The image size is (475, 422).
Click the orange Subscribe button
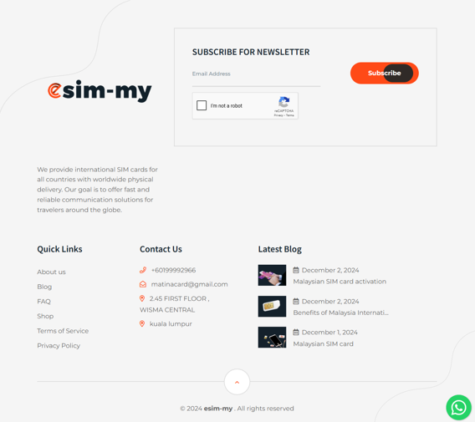point(384,73)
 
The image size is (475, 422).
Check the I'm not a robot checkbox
point(202,105)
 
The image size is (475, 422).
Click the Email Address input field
point(256,74)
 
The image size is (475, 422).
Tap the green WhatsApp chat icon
point(458,408)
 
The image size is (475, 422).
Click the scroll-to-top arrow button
point(237,382)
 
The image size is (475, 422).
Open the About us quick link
point(51,272)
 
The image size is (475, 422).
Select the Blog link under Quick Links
point(44,287)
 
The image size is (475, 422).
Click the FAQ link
point(43,302)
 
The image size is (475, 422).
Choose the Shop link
point(45,316)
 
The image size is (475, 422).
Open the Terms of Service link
point(63,331)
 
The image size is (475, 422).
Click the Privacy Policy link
point(59,346)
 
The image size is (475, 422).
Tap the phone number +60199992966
point(173,270)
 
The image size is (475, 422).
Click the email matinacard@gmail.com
point(189,284)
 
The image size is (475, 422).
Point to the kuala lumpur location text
point(171,324)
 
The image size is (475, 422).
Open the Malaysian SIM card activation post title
point(340,282)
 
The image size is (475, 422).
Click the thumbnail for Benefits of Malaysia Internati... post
point(272,307)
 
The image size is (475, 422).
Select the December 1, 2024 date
point(329,333)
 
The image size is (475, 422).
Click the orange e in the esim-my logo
point(55,90)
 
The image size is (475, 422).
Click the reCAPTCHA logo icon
point(283,102)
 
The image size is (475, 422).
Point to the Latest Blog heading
point(279,249)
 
